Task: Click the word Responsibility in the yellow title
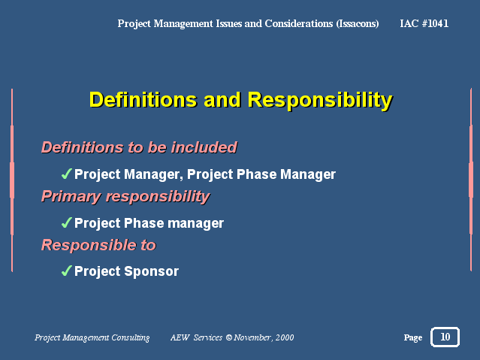[x=320, y=100]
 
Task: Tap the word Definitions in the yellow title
[x=143, y=99]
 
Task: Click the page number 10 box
[x=445, y=337]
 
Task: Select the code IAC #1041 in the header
[x=424, y=23]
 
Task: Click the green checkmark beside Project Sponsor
[x=67, y=271]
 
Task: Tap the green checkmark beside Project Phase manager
[x=67, y=222]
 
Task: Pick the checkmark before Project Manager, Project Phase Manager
[x=67, y=174]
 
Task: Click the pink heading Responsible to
[x=99, y=245]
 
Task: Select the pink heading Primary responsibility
[x=125, y=197]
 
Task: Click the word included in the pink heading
[x=204, y=147]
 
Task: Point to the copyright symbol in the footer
[x=229, y=337]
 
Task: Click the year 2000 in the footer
[x=285, y=337]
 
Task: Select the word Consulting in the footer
[x=131, y=337]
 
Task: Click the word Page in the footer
[x=413, y=337]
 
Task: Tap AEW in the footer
[x=180, y=337]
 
